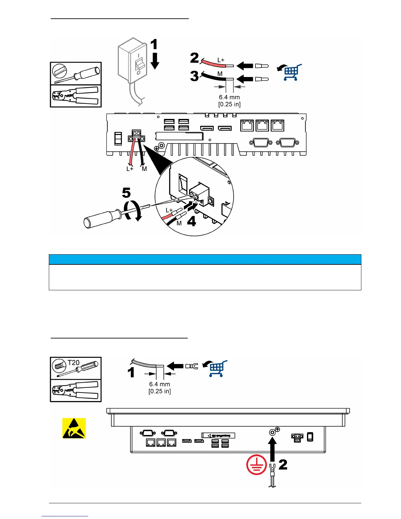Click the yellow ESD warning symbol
pyautogui.click(x=74, y=428)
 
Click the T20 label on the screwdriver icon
pyautogui.click(x=74, y=363)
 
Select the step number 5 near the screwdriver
pyautogui.click(x=126, y=193)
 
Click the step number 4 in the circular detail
pyautogui.click(x=191, y=221)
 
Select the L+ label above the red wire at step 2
pyautogui.click(x=221, y=60)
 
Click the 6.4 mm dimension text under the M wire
pyautogui.click(x=229, y=97)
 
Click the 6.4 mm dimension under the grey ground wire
pyautogui.click(x=160, y=384)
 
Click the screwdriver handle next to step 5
pyautogui.click(x=102, y=219)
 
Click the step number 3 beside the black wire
pyautogui.click(x=195, y=76)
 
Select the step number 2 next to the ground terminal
pyautogui.click(x=283, y=465)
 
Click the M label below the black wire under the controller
pyautogui.click(x=144, y=169)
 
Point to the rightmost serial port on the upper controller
pyautogui.click(x=287, y=143)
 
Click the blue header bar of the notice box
pyautogui.click(x=205, y=259)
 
